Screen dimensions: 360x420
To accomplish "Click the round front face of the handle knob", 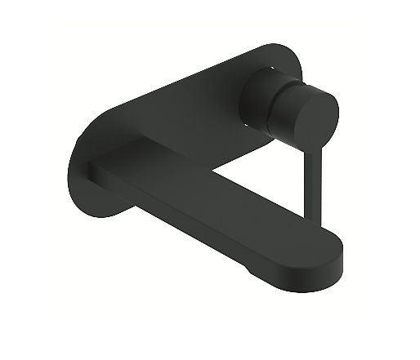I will [x=314, y=114].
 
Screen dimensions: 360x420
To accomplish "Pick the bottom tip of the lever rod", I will [x=308, y=219].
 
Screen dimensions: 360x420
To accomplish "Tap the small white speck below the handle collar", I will [x=243, y=125].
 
